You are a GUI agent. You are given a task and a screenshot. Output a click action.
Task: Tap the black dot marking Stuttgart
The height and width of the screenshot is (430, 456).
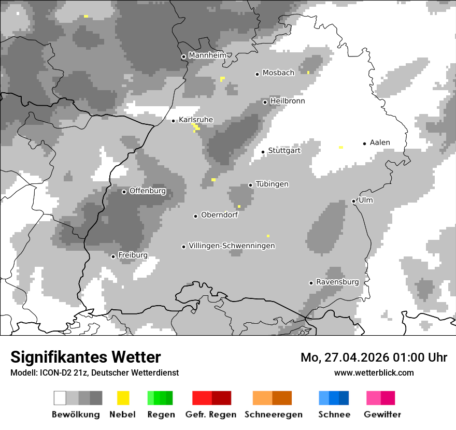click(x=263, y=152)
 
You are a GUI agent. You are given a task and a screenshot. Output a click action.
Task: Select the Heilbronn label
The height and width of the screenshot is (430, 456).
click(x=287, y=101)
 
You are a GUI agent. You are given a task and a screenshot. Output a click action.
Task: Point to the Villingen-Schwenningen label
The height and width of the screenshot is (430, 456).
click(x=232, y=246)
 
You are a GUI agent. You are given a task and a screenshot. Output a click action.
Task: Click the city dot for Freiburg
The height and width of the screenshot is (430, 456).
click(x=113, y=256)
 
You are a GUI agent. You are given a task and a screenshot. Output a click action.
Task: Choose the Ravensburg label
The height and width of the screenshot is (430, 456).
click(x=337, y=282)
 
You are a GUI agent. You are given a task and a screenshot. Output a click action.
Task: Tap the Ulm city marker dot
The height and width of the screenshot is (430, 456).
click(x=353, y=201)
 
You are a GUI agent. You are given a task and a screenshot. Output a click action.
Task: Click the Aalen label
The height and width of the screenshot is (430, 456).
click(x=380, y=142)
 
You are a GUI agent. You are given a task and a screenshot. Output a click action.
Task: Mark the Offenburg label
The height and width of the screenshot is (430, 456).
click(x=147, y=191)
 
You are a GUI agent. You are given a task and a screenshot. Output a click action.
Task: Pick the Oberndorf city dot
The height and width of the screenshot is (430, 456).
click(x=195, y=216)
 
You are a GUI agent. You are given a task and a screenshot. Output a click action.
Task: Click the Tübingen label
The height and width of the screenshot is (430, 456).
click(x=272, y=184)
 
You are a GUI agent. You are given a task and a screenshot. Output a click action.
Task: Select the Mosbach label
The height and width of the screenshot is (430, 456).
click(x=278, y=73)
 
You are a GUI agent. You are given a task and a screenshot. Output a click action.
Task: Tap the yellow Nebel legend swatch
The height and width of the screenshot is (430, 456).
click(x=123, y=398)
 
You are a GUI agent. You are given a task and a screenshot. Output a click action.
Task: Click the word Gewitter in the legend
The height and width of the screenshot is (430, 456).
click(x=382, y=414)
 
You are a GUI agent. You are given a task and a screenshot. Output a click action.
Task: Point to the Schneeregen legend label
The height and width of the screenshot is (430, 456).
click(x=273, y=414)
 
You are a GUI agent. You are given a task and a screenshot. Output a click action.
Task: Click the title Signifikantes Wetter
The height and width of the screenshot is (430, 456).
click(x=85, y=357)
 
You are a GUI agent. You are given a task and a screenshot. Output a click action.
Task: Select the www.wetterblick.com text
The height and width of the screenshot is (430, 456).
click(x=374, y=372)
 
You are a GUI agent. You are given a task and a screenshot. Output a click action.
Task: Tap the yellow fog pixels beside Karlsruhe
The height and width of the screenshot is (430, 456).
click(x=196, y=126)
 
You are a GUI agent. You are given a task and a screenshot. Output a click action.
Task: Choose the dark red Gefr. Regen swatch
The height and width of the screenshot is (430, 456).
click(x=221, y=398)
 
